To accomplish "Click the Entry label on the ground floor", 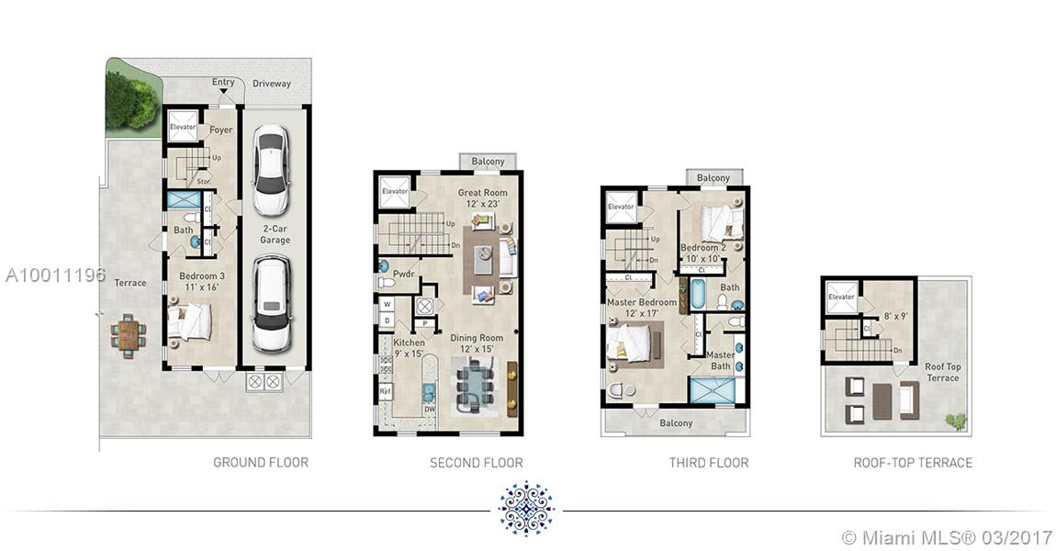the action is pos(223,82).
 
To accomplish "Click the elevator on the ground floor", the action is pos(182,126).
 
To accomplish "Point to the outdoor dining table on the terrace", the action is pos(128,332).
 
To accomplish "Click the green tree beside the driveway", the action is pos(131,100).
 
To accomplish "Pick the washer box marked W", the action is pos(388,304).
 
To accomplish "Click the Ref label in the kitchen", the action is pos(386,390).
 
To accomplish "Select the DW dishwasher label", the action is pos(430,409).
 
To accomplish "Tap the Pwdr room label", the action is pos(403,275).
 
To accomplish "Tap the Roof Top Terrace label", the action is pos(943,372).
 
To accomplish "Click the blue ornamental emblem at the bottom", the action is pos(527,509).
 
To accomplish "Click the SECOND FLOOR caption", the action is pos(477,463).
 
